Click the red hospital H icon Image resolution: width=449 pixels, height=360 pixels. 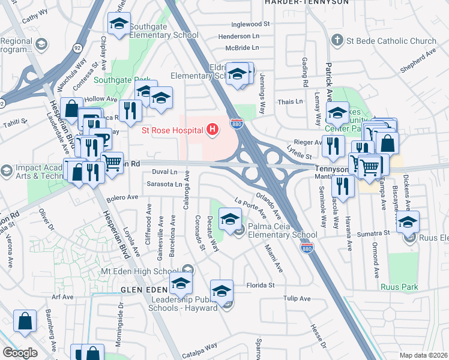coord(211,128)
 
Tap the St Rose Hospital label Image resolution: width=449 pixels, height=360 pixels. coord(172,129)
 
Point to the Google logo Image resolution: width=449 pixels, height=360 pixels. coord(20,353)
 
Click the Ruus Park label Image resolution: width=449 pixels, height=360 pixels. coord(399,287)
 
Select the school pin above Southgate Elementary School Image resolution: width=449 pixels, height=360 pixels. coord(119,24)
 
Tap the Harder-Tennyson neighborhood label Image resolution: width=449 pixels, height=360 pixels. coord(307,2)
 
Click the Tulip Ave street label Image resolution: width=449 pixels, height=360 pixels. coord(297,298)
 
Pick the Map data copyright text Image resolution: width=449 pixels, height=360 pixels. coord(424,355)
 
